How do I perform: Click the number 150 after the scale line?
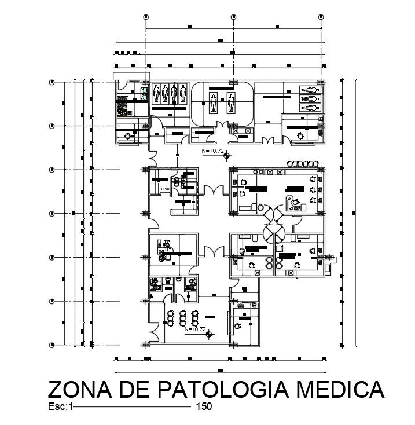coord(204,406)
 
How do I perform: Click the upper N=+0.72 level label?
coord(212,151)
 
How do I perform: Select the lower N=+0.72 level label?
coord(195,329)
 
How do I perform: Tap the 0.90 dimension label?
coord(165,189)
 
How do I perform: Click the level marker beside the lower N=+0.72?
coord(210,334)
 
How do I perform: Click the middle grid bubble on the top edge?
coord(233,17)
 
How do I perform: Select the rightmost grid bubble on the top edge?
coord(321,17)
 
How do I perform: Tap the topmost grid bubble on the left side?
coord(52,83)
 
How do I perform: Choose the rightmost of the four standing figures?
coord(183,92)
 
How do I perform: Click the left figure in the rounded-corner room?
coord(214,104)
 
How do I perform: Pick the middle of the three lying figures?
coord(309,98)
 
